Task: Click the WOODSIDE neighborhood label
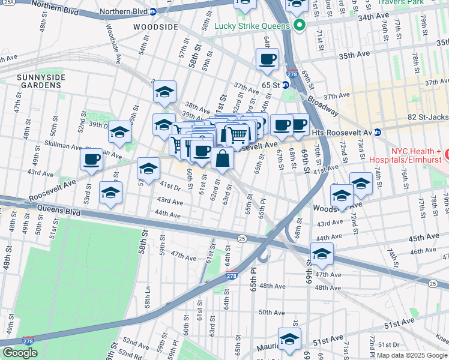[155, 28]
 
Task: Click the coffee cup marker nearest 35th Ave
[267, 59]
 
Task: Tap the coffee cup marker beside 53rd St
[91, 160]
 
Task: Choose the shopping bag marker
[222, 159]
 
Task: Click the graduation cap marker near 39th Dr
[120, 132]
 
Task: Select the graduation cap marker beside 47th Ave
[322, 254]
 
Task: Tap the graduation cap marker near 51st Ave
[289, 339]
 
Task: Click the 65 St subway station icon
[286, 85]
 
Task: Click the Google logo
[20, 352]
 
